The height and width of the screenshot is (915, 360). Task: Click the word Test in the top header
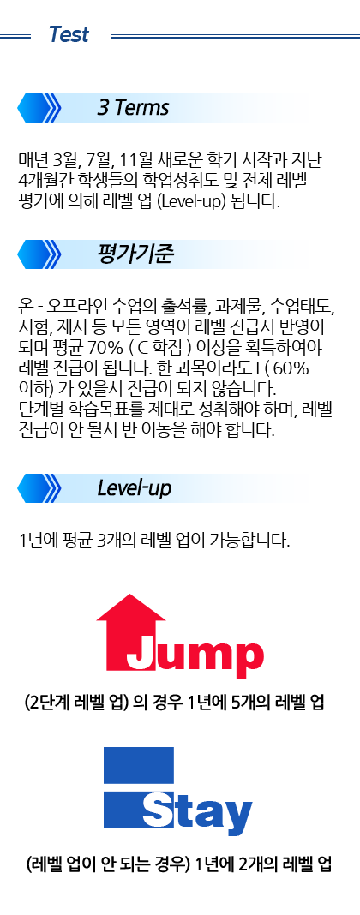pos(69,35)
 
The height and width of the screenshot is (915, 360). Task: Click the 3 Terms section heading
pos(133,108)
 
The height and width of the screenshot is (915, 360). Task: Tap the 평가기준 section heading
pos(135,254)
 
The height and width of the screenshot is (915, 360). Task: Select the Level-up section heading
pos(135,487)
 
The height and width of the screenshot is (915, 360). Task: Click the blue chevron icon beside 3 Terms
pos(39,108)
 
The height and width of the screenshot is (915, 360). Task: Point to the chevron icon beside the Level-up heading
pos(39,488)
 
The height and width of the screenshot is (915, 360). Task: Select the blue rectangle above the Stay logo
pos(139,765)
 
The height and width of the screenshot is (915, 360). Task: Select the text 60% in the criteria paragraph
pos(291,370)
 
